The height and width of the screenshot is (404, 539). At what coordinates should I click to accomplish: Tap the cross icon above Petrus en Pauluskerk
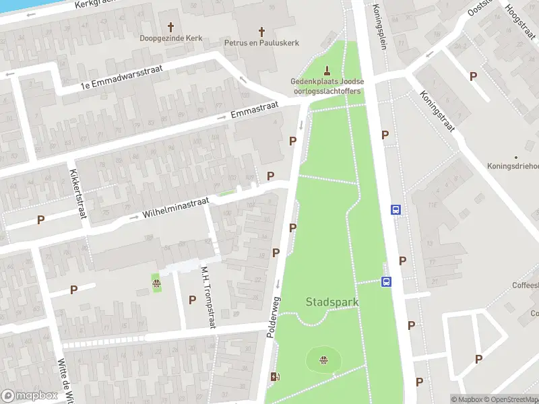tap(262, 30)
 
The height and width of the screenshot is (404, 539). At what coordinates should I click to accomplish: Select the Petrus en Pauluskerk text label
tap(261, 42)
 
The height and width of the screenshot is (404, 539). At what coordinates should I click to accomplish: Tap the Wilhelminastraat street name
tap(177, 207)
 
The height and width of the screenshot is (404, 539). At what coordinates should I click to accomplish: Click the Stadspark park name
tap(332, 302)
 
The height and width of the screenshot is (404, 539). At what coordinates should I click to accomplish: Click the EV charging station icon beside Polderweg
tap(274, 376)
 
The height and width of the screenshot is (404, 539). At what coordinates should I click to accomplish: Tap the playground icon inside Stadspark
tap(324, 359)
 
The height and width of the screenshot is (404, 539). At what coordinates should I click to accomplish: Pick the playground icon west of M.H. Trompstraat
tap(156, 283)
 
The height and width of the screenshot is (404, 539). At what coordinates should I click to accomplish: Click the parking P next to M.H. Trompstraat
tap(192, 300)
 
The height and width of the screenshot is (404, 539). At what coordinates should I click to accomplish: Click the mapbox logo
tap(30, 396)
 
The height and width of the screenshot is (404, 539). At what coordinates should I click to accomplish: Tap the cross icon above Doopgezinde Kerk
tap(170, 27)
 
